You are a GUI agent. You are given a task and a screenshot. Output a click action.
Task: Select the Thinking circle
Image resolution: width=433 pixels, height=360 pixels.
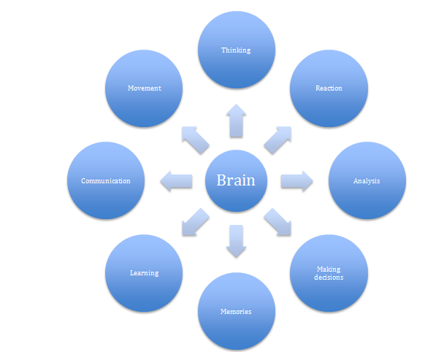point(236,50)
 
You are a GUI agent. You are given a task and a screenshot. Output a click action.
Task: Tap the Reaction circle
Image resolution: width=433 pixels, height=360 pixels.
point(328,88)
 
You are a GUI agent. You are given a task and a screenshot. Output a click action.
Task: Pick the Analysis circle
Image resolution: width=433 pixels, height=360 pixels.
point(366,180)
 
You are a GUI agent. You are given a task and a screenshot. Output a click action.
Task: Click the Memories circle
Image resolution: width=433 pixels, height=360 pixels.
point(236,311)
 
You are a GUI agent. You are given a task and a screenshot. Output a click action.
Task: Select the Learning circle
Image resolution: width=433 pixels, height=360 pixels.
point(144,273)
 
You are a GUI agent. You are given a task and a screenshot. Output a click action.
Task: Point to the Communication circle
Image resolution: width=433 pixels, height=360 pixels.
point(105,180)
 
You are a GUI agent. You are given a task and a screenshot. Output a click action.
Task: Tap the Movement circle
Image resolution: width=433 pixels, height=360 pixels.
point(144,88)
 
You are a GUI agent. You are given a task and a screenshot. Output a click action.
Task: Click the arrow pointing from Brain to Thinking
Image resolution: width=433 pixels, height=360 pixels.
point(236,120)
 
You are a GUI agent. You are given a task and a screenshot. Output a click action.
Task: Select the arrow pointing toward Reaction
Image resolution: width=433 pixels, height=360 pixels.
point(277,139)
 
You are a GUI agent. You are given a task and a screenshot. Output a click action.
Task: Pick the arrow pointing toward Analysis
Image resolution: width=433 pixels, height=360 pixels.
point(296,180)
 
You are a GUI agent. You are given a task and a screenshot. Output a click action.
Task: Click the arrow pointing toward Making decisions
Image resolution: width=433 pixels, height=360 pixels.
point(277,222)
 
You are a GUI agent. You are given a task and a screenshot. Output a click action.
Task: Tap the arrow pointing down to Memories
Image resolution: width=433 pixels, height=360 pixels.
point(236,241)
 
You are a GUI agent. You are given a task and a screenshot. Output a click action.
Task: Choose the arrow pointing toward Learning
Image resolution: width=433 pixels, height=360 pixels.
point(194,222)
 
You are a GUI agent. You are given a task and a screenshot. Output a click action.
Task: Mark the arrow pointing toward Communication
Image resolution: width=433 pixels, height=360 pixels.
point(176,180)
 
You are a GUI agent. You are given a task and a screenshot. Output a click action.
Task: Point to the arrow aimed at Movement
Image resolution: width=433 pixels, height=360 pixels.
point(194,139)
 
